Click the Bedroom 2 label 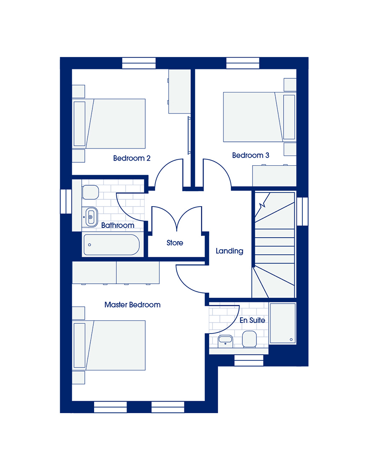[x=132, y=158]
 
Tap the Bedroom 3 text [x=250, y=155]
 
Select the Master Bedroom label [x=132, y=305]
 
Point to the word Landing [x=230, y=251]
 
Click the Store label [x=175, y=243]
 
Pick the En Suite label [x=253, y=320]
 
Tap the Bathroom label [x=118, y=225]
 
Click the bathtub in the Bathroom [x=112, y=244]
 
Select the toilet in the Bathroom [x=90, y=193]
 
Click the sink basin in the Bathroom [x=91, y=217]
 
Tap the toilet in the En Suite [x=250, y=339]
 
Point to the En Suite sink [x=225, y=342]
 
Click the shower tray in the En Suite [x=283, y=323]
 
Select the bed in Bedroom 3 [x=259, y=117]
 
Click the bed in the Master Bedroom [x=109, y=345]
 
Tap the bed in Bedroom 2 [x=109, y=124]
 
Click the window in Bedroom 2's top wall [x=139, y=63]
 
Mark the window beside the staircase [x=302, y=211]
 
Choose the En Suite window [x=249, y=361]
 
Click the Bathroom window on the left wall [x=66, y=201]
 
